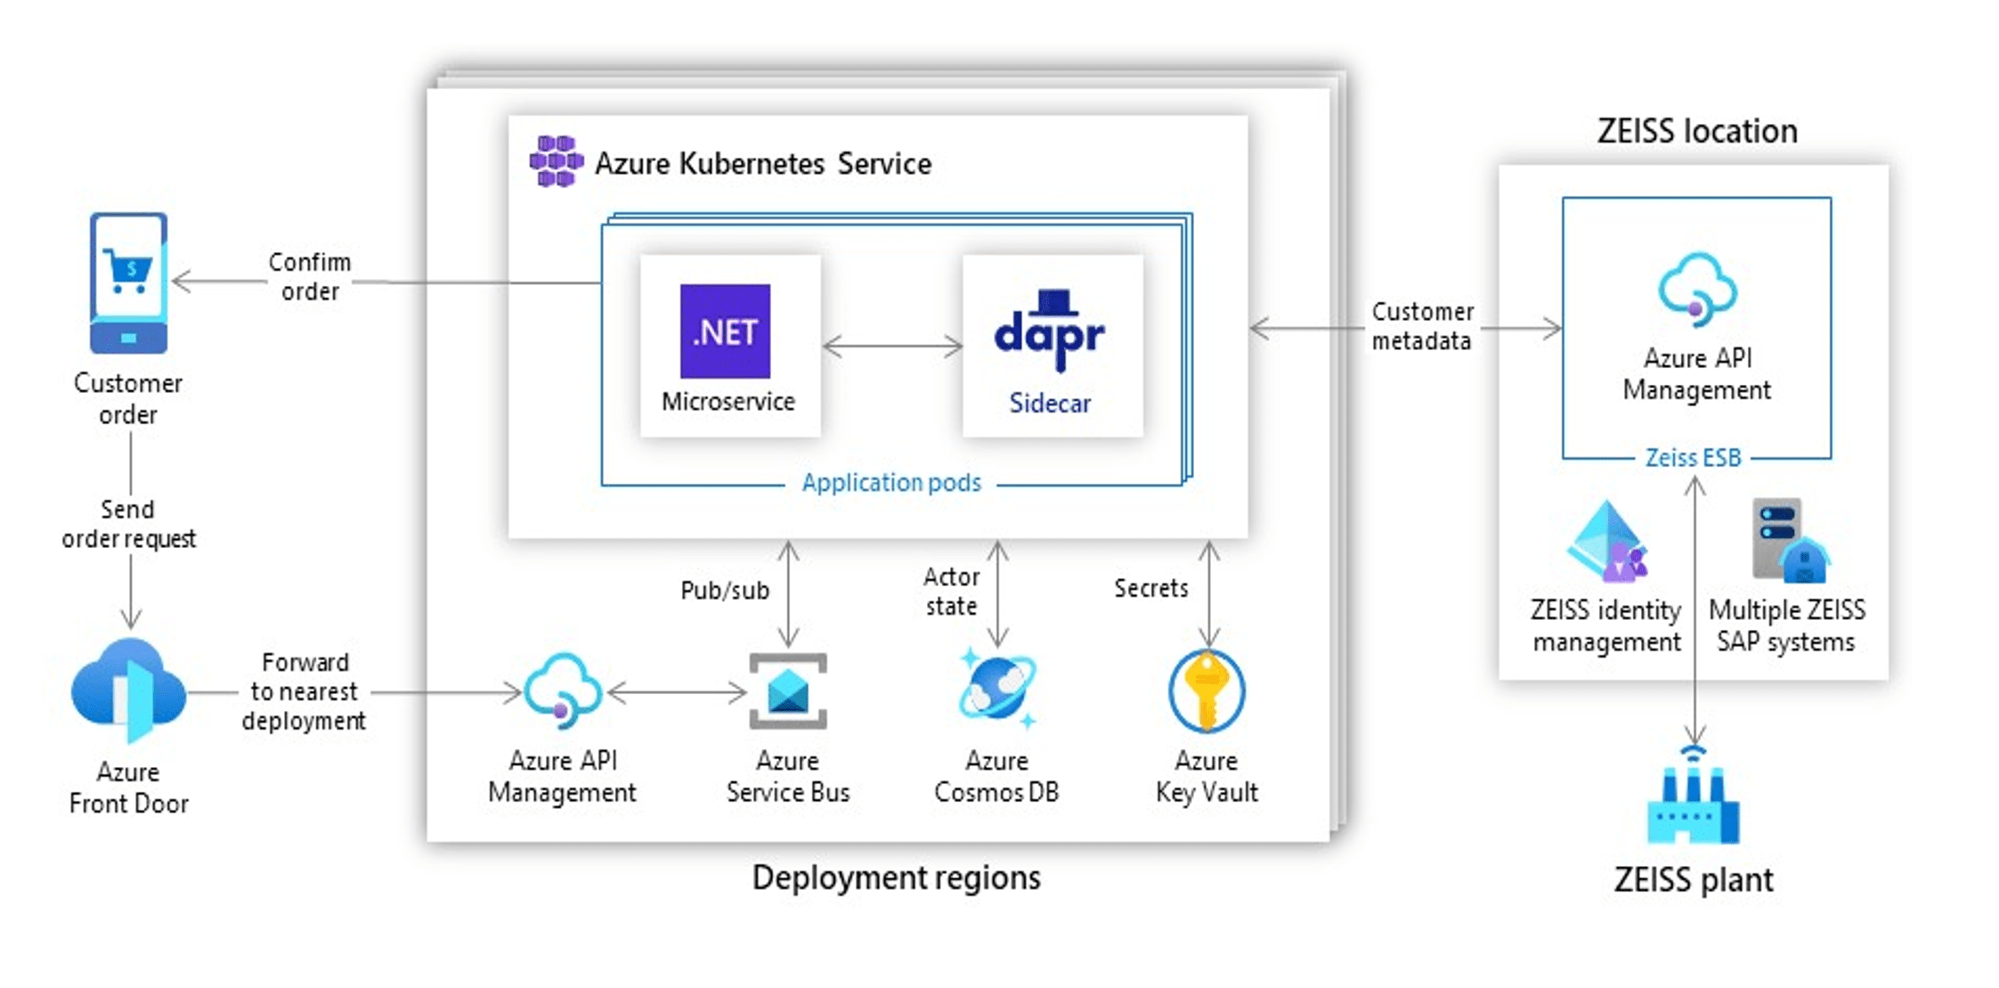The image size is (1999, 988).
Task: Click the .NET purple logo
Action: [724, 331]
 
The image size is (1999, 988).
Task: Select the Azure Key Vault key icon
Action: [1207, 691]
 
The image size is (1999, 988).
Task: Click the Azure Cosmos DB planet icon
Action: [997, 689]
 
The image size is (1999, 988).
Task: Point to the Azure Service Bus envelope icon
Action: [787, 690]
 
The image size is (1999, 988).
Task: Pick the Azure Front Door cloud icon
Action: [129, 690]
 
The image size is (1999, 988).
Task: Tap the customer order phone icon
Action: [128, 282]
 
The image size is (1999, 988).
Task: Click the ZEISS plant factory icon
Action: [1693, 797]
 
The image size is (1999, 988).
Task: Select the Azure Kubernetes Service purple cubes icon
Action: [557, 161]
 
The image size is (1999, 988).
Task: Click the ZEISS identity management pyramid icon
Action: [1608, 542]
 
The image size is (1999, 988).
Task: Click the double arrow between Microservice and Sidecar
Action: [892, 346]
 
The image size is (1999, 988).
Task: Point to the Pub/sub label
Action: [724, 591]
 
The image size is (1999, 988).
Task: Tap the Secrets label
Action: [1150, 588]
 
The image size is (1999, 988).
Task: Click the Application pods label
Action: [890, 483]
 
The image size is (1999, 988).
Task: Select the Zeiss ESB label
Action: [1693, 458]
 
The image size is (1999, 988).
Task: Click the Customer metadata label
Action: [1422, 326]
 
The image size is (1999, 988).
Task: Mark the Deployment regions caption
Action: [896, 878]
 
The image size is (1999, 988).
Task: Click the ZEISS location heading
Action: [1696, 132]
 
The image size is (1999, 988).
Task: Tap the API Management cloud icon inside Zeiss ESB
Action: [1696, 288]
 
